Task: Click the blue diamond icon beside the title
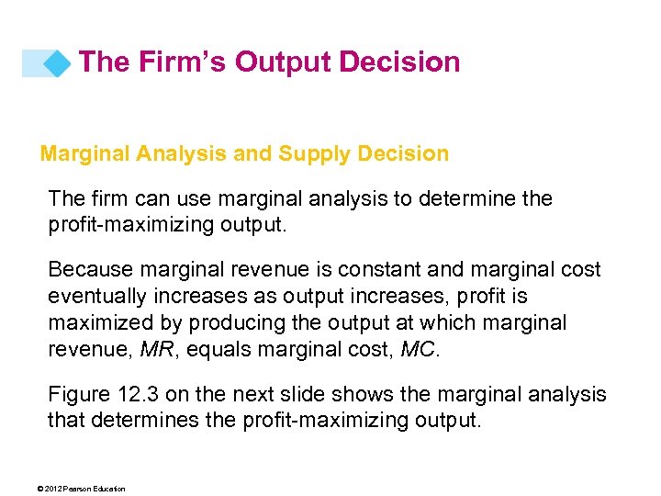(x=57, y=63)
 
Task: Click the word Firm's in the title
(x=180, y=62)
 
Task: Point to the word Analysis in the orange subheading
(x=179, y=153)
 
